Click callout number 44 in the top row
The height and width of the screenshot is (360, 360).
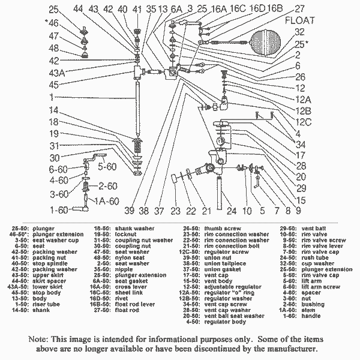pyautogui.click(x=79, y=9)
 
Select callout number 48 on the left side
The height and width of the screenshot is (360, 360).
pyautogui.click(x=54, y=49)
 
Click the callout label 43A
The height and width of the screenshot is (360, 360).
pyautogui.click(x=57, y=73)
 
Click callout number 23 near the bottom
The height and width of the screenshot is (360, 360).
pyautogui.click(x=175, y=211)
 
